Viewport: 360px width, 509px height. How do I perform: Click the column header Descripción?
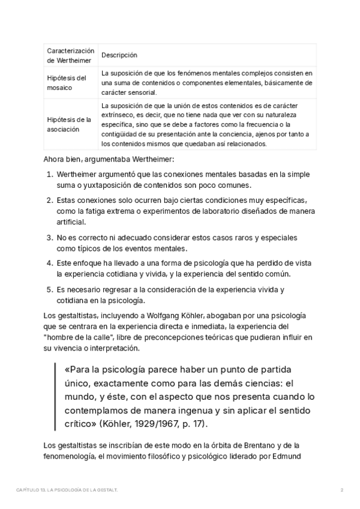(119, 55)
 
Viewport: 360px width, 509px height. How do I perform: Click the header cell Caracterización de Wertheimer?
(71, 55)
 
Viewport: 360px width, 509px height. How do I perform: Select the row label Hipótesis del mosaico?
(67, 83)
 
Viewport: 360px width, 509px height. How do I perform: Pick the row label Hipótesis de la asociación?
(69, 124)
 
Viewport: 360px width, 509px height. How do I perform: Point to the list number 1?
(49, 173)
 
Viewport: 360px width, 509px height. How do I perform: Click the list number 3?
(49, 238)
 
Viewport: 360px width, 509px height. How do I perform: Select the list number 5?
(49, 290)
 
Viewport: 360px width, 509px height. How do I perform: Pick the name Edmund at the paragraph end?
(294, 455)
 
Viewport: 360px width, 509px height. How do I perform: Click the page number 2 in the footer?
(341, 490)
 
